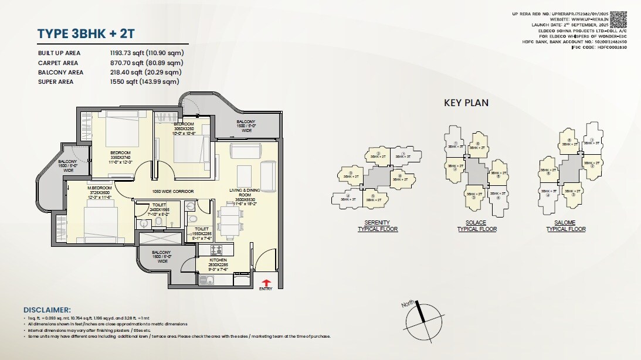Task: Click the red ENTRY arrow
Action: click(265, 282)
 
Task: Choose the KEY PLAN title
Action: click(466, 103)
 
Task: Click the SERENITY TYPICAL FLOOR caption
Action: click(378, 226)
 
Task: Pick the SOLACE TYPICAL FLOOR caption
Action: click(476, 226)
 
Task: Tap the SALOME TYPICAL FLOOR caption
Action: click(566, 226)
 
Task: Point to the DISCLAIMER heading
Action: click(47, 310)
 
